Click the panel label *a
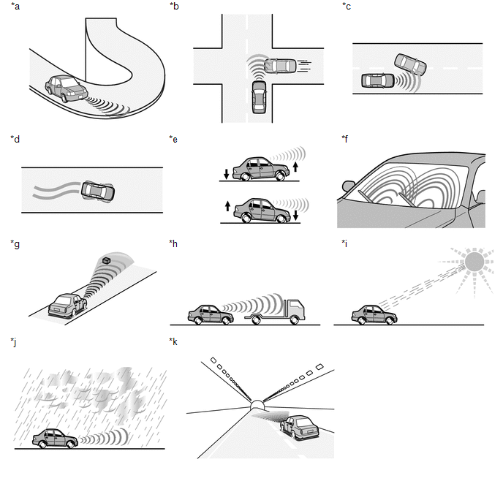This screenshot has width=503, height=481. tap(15, 6)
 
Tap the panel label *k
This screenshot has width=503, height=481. tap(173, 342)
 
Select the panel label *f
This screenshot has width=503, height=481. tap(345, 139)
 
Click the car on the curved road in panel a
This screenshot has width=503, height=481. tap(67, 89)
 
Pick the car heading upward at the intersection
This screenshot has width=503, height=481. tap(259, 97)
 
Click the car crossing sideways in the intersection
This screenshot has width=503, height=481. tap(280, 66)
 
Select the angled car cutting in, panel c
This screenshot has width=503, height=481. tap(410, 64)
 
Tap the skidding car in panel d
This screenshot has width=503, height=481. tap(98, 192)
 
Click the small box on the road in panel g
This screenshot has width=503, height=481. tap(106, 261)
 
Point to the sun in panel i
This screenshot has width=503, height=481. tap(474, 262)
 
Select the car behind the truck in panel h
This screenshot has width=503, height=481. tap(211, 314)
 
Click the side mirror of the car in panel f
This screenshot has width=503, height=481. tap(349, 186)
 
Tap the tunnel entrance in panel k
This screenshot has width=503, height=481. tap(257, 405)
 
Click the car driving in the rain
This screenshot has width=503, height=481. tap(55, 439)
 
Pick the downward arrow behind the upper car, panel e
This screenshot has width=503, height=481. tap(227, 174)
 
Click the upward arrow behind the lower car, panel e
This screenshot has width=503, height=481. tap(227, 206)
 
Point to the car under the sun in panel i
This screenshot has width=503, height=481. tap(374, 314)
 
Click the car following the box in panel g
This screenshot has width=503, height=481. tap(67, 306)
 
